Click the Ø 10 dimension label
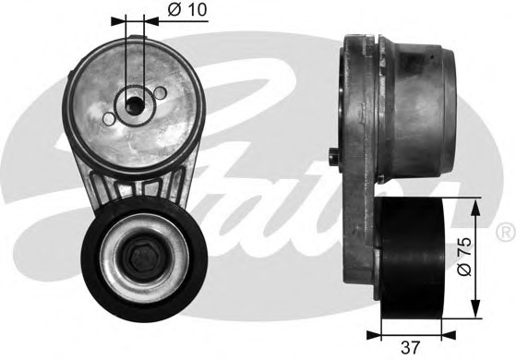[x=187, y=9]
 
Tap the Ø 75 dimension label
[x=464, y=257]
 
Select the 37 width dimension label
[x=411, y=347]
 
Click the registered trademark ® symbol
[x=506, y=232]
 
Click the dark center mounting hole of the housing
[x=135, y=105]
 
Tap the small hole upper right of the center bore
[x=160, y=92]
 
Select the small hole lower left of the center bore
[x=109, y=118]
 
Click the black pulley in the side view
[x=411, y=258]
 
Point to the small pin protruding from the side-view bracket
[x=333, y=157]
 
